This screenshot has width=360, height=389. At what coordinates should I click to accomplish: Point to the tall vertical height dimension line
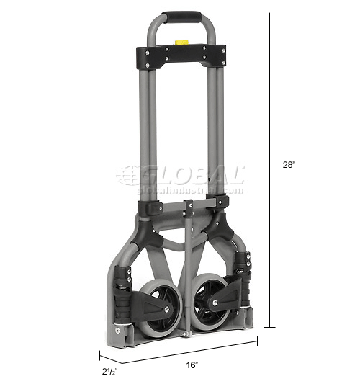click(271, 166)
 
